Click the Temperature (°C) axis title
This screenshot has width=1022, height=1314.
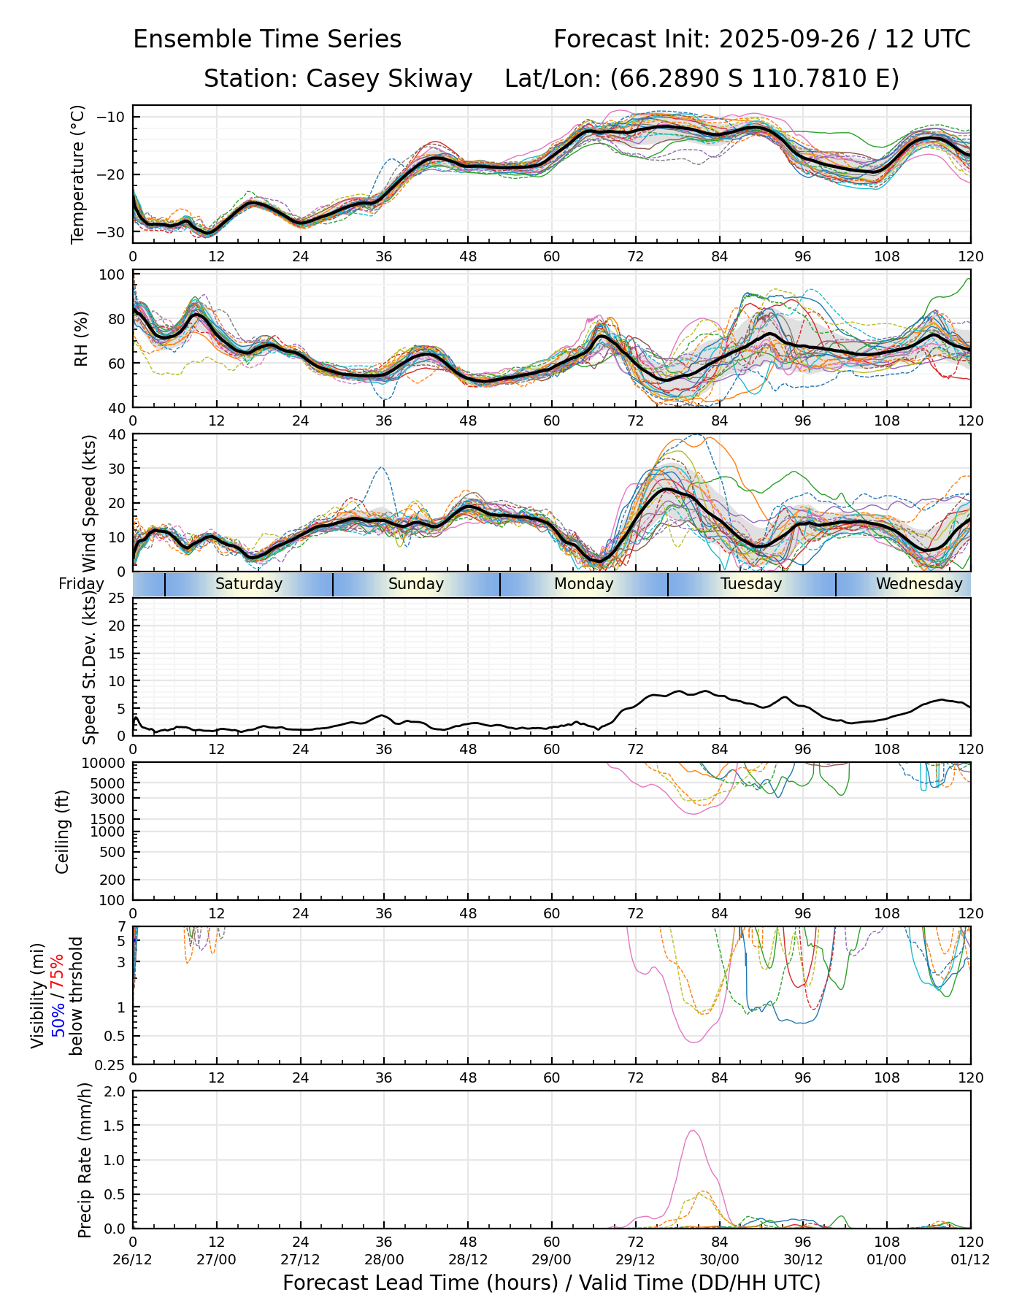click(x=78, y=174)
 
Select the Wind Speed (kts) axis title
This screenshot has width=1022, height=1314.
click(x=89, y=504)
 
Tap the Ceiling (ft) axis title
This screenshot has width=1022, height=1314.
click(x=63, y=831)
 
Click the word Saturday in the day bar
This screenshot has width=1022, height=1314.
click(x=248, y=584)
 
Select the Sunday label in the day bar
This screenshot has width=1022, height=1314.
click(x=416, y=584)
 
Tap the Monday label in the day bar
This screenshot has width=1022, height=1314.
click(x=583, y=584)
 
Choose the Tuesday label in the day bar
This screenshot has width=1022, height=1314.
click(x=751, y=584)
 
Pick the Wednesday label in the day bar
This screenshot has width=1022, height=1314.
click(x=919, y=584)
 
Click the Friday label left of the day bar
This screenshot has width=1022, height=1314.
click(x=81, y=584)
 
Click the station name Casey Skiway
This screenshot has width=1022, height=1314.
click(x=389, y=79)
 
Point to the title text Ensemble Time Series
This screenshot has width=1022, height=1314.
click(x=267, y=39)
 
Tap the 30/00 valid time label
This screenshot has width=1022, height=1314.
click(x=719, y=1259)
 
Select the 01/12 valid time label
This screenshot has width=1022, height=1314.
click(x=970, y=1259)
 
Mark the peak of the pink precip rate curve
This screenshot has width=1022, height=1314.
click(x=692, y=1131)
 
